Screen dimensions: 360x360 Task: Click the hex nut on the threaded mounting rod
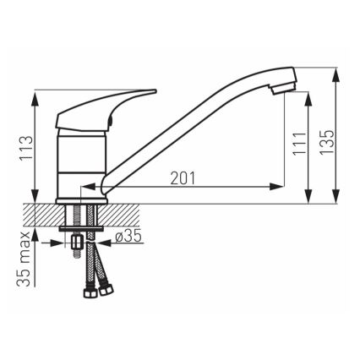pos(77,246)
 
